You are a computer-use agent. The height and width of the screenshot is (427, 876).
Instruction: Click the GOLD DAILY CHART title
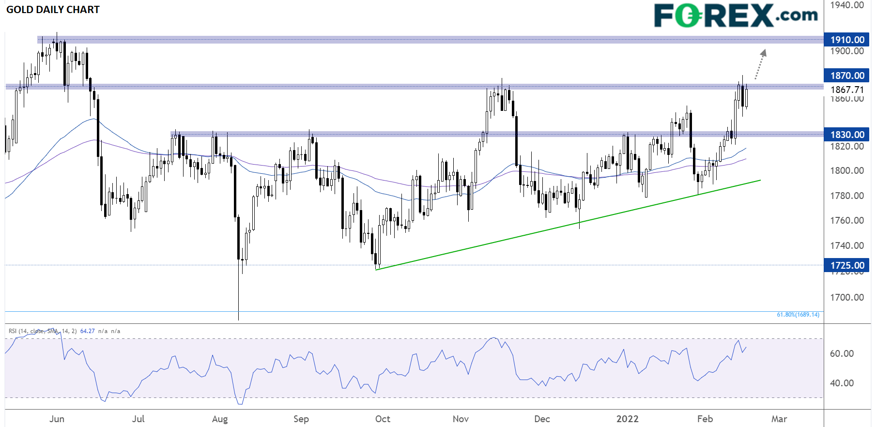tap(53, 10)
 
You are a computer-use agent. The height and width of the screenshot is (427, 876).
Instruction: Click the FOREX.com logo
tap(735, 15)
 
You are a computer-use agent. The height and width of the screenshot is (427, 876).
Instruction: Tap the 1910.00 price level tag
tap(847, 40)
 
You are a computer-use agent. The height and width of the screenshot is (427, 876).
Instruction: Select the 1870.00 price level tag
tap(847, 76)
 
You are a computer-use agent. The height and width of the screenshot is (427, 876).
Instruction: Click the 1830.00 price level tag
tap(847, 135)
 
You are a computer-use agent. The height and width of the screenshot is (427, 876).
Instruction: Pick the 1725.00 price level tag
tap(847, 265)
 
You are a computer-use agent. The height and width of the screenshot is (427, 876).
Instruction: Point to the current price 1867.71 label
tap(847, 90)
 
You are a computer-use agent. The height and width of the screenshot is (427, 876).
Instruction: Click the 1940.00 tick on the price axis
tap(847, 5)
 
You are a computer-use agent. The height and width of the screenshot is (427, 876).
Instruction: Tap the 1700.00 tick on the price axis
tap(847, 297)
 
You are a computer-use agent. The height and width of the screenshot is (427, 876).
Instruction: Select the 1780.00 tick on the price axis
tap(847, 196)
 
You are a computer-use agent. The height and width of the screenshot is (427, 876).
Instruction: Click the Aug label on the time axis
tap(220, 419)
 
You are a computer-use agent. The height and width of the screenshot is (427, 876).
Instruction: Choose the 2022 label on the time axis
tap(627, 419)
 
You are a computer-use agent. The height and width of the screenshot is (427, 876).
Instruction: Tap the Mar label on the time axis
tap(779, 419)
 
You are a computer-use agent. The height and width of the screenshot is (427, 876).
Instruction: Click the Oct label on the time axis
tap(383, 419)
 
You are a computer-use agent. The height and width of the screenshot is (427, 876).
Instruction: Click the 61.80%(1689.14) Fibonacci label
tap(798, 315)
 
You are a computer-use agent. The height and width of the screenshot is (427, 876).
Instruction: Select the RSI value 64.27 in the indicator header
tap(87, 331)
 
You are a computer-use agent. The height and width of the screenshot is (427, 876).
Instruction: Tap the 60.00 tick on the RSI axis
tap(842, 353)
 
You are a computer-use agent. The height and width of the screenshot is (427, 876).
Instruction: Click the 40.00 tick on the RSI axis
tap(842, 383)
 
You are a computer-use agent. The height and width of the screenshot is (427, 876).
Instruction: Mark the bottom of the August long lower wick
tap(238, 320)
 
